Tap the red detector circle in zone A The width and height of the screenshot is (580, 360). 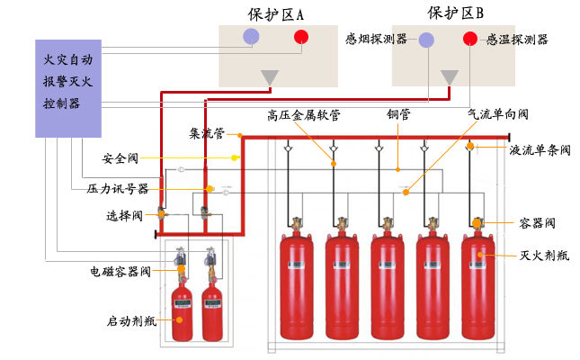pos(300,37)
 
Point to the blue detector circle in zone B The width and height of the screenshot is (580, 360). pos(426,40)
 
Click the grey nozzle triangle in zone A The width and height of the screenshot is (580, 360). pos(269,78)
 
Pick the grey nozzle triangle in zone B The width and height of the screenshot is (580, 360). pos(449,78)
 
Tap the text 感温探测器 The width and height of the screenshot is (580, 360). pos(517,40)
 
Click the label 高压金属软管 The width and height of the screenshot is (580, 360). pos(304,114)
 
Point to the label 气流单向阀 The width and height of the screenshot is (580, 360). pos(497,114)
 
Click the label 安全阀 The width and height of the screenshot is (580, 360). pos(120,158)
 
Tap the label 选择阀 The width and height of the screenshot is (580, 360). pos(124,216)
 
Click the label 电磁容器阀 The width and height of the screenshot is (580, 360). pos(120,269)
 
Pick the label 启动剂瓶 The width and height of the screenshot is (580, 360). pos(133,319)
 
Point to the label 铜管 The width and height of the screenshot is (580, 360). pos(398,114)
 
